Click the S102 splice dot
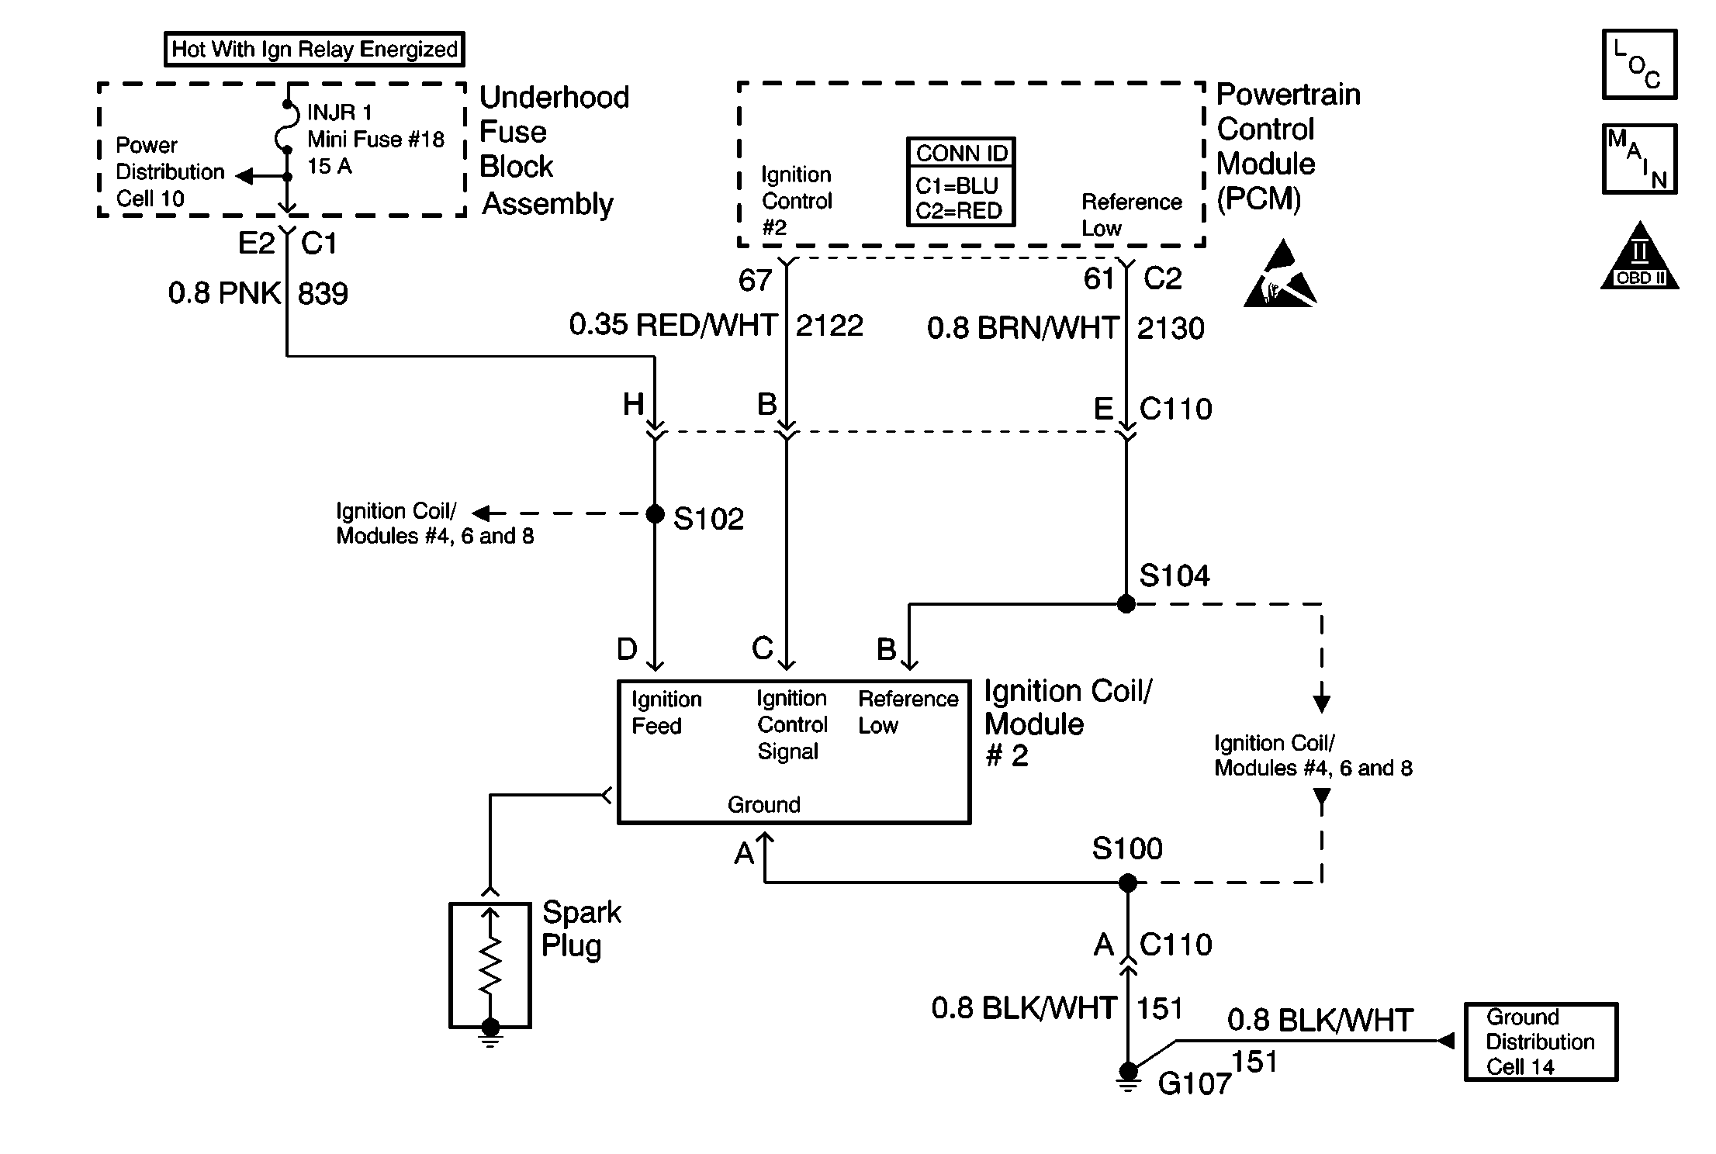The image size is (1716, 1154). [656, 513]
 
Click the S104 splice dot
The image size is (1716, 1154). [1126, 603]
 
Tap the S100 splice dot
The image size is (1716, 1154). [1128, 883]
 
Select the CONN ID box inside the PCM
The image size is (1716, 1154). [961, 182]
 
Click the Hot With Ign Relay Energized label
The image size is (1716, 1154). [314, 50]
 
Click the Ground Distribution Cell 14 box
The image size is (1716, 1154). [1541, 1042]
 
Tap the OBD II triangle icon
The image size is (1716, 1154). [1639, 255]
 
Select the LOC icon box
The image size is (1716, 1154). [1639, 64]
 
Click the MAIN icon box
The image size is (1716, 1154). [1639, 159]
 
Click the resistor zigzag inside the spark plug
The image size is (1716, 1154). [490, 966]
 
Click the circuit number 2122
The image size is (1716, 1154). [829, 326]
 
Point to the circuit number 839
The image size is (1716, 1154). [323, 294]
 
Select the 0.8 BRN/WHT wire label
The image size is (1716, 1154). [1022, 328]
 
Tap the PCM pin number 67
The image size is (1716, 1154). [755, 280]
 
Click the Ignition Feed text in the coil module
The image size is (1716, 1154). [666, 713]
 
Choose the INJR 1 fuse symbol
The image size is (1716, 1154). [285, 127]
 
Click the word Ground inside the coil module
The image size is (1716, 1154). [764, 804]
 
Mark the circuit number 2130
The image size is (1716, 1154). [1171, 329]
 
